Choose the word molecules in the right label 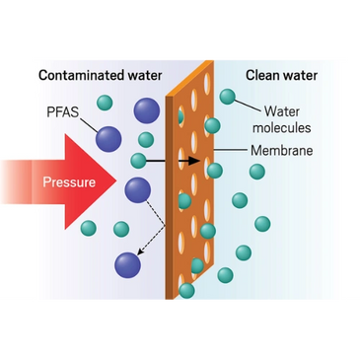pyautogui.click(x=282, y=127)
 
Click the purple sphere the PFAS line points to pyautogui.click(x=109, y=139)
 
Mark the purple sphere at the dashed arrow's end pyautogui.click(x=127, y=263)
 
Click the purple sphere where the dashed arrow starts pyautogui.click(x=137, y=189)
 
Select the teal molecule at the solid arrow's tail pyautogui.click(x=138, y=159)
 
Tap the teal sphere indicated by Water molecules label pyautogui.click(x=228, y=97)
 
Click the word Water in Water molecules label pyautogui.click(x=282, y=111)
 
